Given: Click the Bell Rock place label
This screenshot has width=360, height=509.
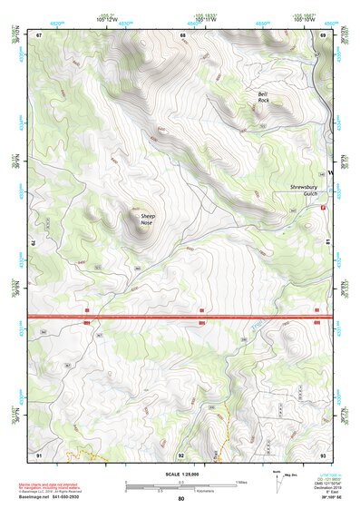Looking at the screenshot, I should [263, 97].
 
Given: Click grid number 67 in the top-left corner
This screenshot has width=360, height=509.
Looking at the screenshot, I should [40, 34].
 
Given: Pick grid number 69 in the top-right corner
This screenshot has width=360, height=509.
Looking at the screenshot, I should [323, 34].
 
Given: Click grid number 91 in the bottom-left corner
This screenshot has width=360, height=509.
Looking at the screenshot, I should [40, 454].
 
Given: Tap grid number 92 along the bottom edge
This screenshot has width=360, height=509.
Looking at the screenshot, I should [181, 455].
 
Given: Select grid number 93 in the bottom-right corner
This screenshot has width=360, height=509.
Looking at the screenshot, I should [323, 454].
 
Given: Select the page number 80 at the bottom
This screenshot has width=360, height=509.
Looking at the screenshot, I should [181, 500].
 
